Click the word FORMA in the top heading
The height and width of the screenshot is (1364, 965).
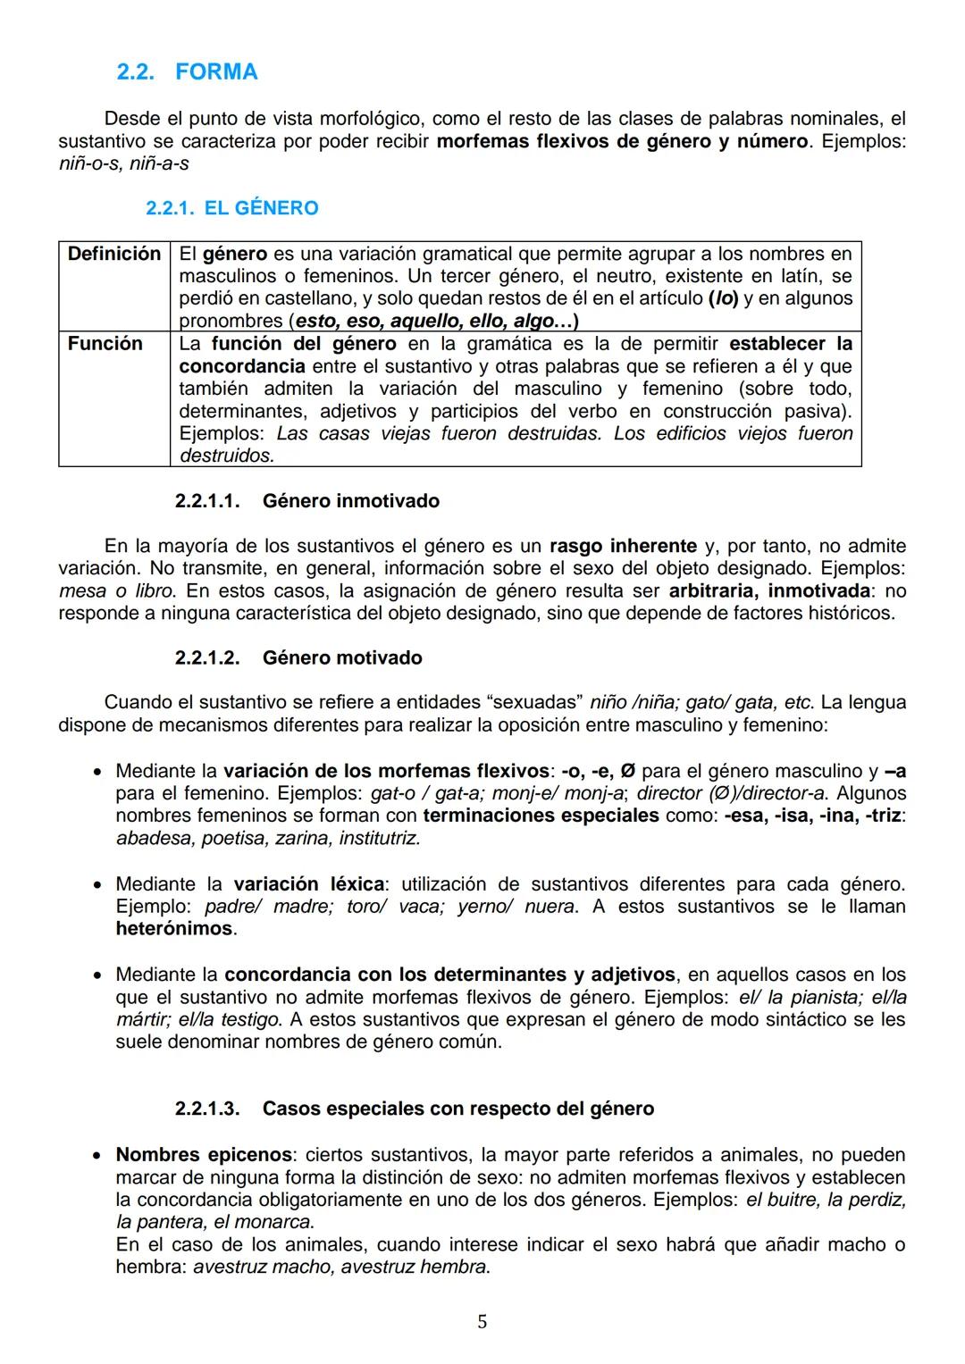pyautogui.click(x=216, y=72)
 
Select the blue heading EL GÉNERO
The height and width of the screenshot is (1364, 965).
pyautogui.click(x=261, y=208)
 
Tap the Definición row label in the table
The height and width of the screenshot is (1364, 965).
pyautogui.click(x=113, y=254)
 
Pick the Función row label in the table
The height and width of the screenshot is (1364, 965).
pyautogui.click(x=105, y=344)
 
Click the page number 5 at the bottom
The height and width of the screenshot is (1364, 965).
pyautogui.click(x=482, y=1322)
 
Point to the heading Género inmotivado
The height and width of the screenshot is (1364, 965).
pyautogui.click(x=350, y=501)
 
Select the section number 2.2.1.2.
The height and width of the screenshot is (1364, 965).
pyautogui.click(x=207, y=658)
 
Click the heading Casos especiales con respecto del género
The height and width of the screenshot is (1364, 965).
pyautogui.click(x=457, y=1109)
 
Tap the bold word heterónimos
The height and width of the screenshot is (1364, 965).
pyautogui.click(x=174, y=929)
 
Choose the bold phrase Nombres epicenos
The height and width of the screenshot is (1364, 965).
pyautogui.click(x=204, y=1155)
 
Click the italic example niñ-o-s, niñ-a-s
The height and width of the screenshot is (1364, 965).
pyautogui.click(x=123, y=164)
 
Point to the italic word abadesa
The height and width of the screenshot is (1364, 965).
pyautogui.click(x=154, y=838)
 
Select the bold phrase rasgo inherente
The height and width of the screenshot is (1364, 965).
pyautogui.click(x=623, y=546)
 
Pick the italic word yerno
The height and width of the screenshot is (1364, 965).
pyautogui.click(x=483, y=907)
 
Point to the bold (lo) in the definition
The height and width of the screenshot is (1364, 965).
pyautogui.click(x=723, y=298)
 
